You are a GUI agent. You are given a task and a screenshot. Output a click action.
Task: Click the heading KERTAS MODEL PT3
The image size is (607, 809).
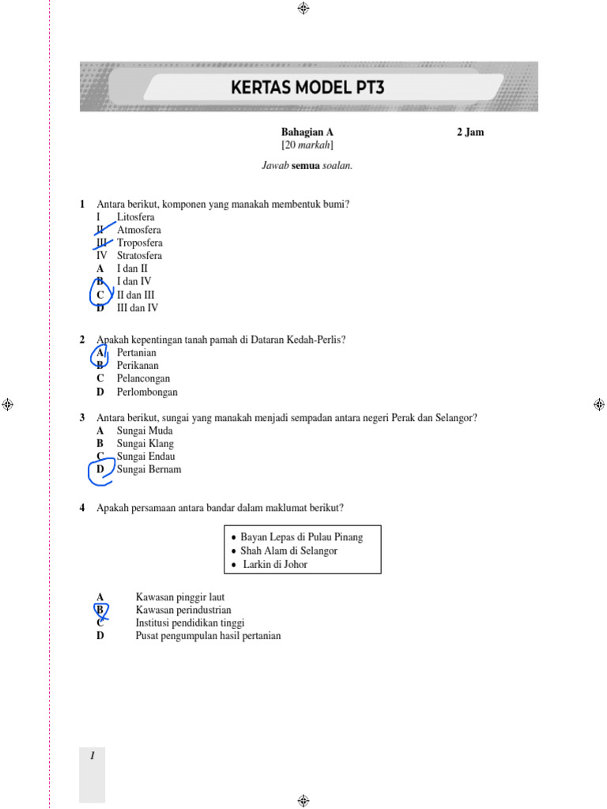(x=307, y=87)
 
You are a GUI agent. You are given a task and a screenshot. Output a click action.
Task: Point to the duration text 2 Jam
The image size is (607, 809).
(x=470, y=132)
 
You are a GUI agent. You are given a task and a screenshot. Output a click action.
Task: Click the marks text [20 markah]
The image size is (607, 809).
(x=307, y=145)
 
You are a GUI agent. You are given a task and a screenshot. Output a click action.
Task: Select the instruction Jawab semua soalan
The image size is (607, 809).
(x=307, y=165)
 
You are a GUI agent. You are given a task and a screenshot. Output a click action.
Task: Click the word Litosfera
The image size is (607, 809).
(x=136, y=216)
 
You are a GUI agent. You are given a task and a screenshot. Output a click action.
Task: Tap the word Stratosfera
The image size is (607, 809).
(x=139, y=255)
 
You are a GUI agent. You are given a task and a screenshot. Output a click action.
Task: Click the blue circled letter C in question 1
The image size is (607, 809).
(x=100, y=295)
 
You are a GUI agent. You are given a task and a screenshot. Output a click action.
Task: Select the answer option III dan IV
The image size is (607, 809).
(x=138, y=308)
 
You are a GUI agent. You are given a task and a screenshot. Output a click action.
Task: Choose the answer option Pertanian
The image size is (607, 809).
(x=137, y=352)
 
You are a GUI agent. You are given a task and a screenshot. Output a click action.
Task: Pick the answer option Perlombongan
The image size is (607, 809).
(x=147, y=391)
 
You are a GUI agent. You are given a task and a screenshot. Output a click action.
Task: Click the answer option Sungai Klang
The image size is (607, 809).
(x=145, y=443)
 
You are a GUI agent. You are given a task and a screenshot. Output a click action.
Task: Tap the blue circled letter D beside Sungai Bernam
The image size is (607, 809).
(x=100, y=469)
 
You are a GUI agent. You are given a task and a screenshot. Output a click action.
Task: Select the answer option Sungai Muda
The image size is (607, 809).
(x=145, y=431)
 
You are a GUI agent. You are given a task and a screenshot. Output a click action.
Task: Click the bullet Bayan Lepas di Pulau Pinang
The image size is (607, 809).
(x=301, y=537)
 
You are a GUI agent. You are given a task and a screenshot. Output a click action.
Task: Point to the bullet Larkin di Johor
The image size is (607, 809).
(x=275, y=564)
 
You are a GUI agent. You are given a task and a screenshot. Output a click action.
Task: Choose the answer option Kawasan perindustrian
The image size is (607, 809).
(x=183, y=610)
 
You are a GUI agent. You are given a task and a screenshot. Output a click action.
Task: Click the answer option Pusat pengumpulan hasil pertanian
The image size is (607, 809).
(x=208, y=635)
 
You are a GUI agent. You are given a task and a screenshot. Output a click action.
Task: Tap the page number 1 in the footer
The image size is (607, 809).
(x=92, y=756)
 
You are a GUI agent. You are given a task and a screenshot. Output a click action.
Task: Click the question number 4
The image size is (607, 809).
(x=82, y=508)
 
